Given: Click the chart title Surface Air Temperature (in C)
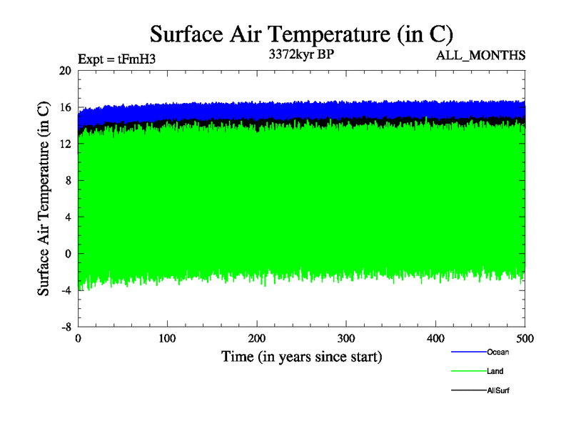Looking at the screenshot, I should coord(301,34).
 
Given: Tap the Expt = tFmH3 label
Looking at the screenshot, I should coord(116,59).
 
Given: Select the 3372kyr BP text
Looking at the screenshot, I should coord(300,54).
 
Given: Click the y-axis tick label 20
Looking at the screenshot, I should coord(65,70).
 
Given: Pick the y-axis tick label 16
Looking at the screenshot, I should coord(65,107).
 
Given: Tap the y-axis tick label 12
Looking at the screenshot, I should coord(65,144).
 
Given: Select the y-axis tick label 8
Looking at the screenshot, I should coord(68,181).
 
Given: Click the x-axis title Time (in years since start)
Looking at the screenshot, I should coord(301,356).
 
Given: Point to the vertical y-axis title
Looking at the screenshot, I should coord(44,198).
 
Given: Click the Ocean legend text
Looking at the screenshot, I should coord(498,352).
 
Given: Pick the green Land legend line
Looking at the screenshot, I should coord(468,371).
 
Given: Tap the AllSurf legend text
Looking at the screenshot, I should coord(498,390).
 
